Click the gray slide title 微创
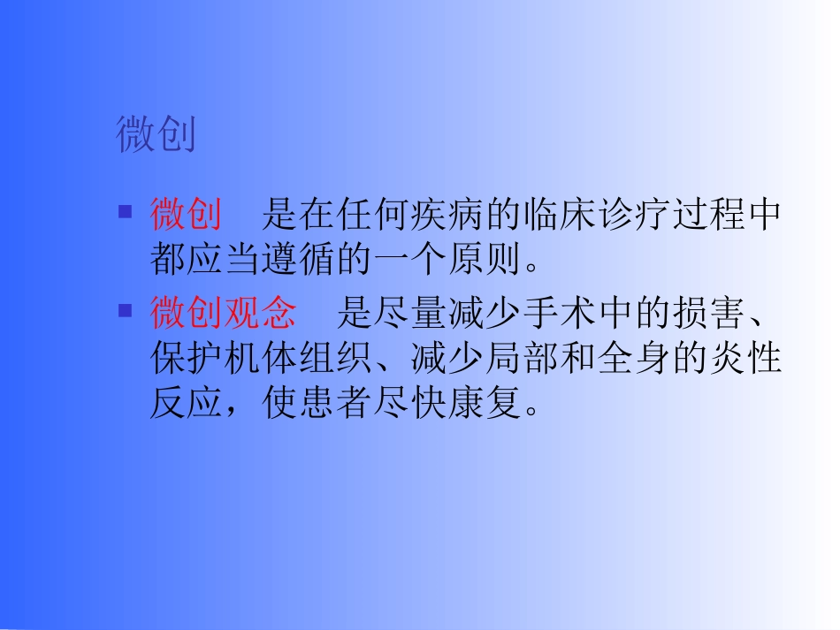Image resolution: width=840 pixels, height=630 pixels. coord(156,135)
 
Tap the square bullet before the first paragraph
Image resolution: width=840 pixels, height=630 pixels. coord(126,212)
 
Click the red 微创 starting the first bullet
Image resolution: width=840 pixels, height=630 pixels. coord(186,215)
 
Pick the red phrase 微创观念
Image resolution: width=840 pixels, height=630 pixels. coord(224,313)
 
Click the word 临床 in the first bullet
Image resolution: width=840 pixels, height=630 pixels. coord(560,215)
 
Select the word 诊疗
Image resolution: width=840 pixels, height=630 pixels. coord(634,215)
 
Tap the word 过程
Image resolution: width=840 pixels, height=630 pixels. coord(709,215)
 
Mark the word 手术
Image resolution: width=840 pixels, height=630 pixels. coord(560,313)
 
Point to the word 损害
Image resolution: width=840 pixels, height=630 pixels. coord(709,313)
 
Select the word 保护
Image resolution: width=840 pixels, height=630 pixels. coord(187,360)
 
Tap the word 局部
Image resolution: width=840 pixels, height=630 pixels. coord(523,360)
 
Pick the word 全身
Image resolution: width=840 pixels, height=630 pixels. coord(634,360)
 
